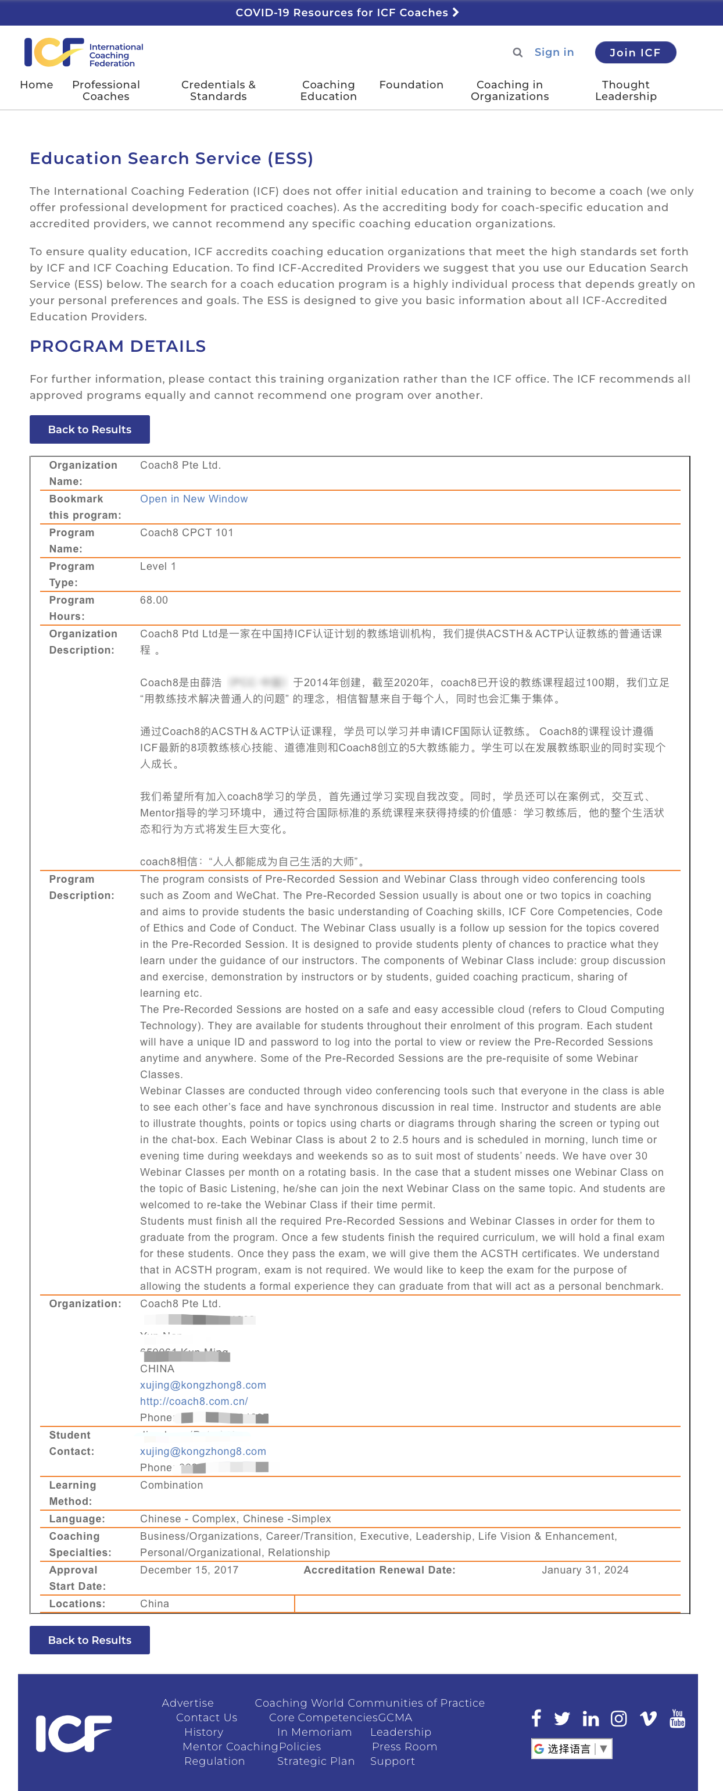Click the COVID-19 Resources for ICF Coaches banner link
pyautogui.click(x=347, y=13)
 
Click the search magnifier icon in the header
pyautogui.click(x=517, y=52)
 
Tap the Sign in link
pyautogui.click(x=553, y=52)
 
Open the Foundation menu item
pyautogui.click(x=411, y=85)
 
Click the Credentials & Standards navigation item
pyautogui.click(x=219, y=90)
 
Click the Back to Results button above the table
pyautogui.click(x=90, y=430)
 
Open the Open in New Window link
pyautogui.click(x=194, y=499)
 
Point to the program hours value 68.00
pyautogui.click(x=153, y=600)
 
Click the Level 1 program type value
pyautogui.click(x=158, y=566)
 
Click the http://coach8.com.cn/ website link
pyautogui.click(x=194, y=1401)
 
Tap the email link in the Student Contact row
pyautogui.click(x=202, y=1451)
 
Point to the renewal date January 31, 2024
pyautogui.click(x=585, y=1570)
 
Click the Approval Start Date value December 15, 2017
pyautogui.click(x=188, y=1570)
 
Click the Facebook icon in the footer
pyautogui.click(x=536, y=1719)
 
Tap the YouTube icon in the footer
pyautogui.click(x=677, y=1719)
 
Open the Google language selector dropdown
pyautogui.click(x=571, y=1749)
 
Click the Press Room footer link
pyautogui.click(x=404, y=1746)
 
